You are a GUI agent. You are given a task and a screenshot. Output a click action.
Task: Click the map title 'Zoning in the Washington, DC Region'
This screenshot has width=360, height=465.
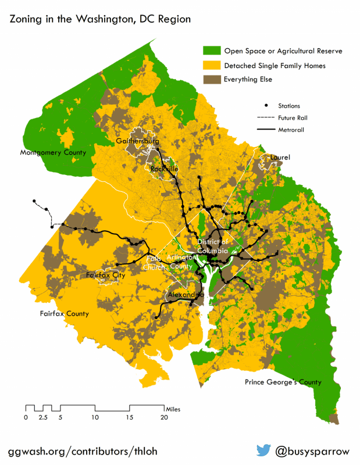point(99,19)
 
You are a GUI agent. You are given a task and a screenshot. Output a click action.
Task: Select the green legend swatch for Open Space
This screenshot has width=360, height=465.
point(211,51)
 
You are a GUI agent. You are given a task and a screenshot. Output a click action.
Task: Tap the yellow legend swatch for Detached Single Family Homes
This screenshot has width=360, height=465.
point(211,66)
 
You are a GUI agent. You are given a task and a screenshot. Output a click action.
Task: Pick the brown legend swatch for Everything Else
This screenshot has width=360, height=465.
point(211,80)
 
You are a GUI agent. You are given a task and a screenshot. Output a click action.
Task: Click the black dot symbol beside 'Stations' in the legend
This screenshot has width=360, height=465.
point(267,105)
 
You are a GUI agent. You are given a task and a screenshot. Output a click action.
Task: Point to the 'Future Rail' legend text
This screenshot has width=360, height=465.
point(293,117)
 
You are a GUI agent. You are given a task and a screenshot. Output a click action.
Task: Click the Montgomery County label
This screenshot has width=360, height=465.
point(53,153)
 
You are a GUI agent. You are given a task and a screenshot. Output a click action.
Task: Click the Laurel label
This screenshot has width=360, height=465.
point(280,158)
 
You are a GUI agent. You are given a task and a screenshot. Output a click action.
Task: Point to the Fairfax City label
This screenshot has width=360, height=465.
point(105,275)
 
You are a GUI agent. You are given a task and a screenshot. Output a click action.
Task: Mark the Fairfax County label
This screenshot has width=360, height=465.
point(64,314)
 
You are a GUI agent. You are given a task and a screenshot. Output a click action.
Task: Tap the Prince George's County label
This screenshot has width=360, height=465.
point(283,382)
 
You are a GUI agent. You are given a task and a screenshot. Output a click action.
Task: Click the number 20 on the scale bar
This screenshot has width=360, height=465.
point(165,417)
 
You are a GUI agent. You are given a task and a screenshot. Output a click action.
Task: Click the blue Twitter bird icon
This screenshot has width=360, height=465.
point(264,450)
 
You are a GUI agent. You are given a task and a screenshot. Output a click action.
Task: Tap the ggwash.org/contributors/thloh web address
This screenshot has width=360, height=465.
point(83,451)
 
